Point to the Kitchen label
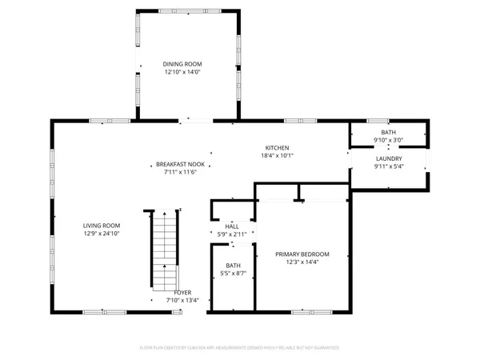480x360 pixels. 278,148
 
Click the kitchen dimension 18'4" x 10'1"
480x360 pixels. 278,156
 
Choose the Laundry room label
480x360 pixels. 388,159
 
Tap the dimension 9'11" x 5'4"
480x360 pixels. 388,167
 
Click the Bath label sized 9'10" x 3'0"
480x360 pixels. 388,133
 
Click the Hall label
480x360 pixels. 232,226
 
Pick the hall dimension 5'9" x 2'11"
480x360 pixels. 232,234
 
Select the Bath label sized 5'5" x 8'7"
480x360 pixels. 233,266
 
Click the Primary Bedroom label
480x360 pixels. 302,254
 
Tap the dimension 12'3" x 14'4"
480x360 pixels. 302,262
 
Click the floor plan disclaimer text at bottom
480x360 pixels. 240,348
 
